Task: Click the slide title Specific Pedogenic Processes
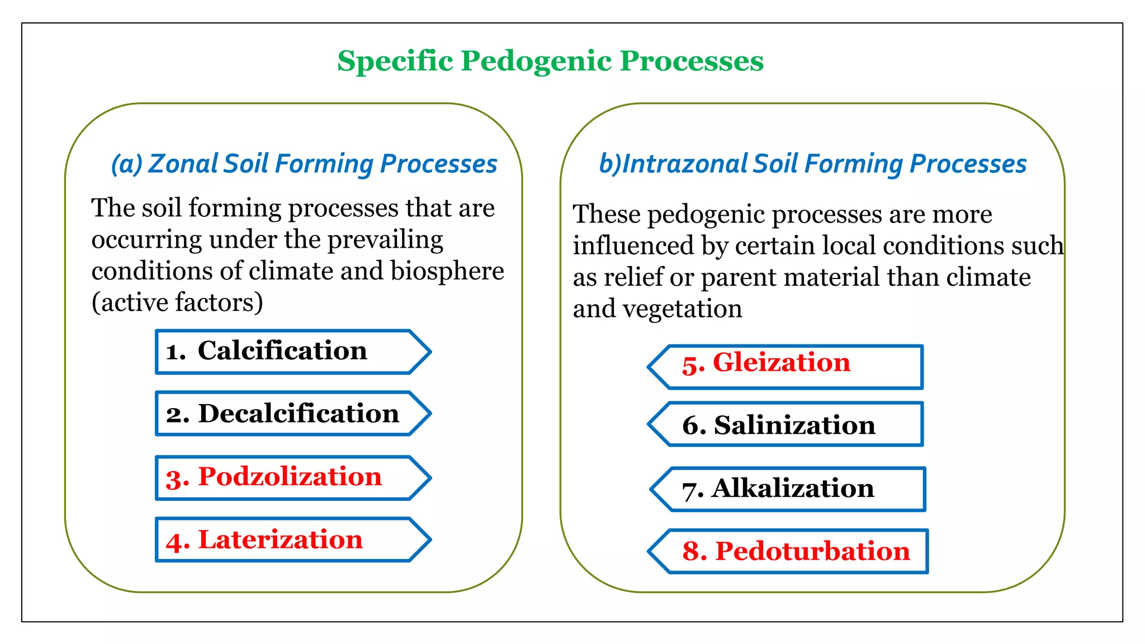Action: (x=550, y=60)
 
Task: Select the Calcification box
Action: (x=282, y=351)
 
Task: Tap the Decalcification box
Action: (x=282, y=414)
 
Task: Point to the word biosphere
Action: (x=447, y=271)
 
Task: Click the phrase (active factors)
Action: (x=177, y=302)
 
